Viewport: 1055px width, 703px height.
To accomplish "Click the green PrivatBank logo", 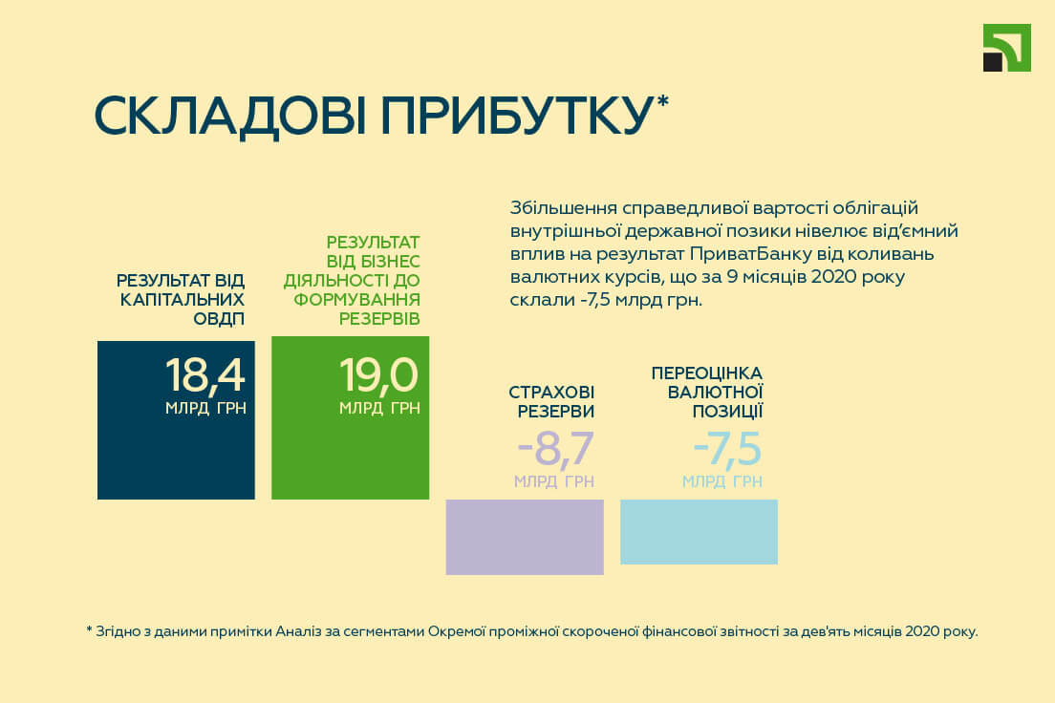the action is pos(1006,48).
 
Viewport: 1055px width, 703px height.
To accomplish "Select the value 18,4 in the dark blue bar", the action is pos(205,375).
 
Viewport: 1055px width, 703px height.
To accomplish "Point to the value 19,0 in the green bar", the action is pos(378,375).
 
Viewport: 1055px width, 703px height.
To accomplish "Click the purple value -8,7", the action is pos(556,449).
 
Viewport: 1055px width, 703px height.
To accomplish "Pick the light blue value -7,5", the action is pos(727,449).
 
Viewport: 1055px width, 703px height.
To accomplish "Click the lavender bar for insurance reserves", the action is pos(525,537).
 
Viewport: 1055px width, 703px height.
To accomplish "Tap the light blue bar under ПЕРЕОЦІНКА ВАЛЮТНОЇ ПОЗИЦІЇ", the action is pos(700,531).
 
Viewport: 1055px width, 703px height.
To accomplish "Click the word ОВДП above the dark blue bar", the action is pos(219,319).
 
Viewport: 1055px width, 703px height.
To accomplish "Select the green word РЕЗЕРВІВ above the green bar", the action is pos(379,319).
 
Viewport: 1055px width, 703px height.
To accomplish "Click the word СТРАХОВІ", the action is pos(551,393).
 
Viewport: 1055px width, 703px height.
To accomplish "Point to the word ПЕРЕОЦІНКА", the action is pos(707,373).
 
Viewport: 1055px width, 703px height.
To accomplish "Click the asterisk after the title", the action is pos(662,101).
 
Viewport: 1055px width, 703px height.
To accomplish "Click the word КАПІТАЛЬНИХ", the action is pos(183,299).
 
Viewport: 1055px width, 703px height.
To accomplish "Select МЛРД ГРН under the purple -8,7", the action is pos(554,481).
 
